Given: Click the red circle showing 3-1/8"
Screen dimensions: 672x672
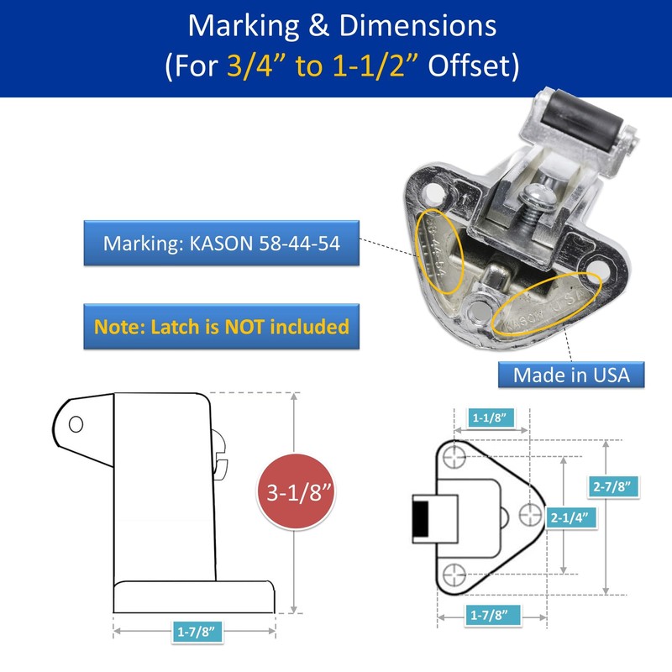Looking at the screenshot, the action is (x=296, y=491).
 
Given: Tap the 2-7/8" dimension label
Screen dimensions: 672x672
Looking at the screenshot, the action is (x=612, y=487).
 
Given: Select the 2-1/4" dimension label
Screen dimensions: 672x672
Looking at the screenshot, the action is (x=570, y=517).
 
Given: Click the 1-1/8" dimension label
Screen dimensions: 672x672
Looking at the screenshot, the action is (x=490, y=417).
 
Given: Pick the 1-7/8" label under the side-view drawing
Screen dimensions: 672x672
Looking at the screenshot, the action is (x=196, y=632).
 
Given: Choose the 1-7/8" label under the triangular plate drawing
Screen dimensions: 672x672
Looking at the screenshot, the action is (x=489, y=616).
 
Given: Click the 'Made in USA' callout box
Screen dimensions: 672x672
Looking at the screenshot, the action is (x=571, y=375).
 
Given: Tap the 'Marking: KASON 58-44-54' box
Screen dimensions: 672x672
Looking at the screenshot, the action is (x=221, y=243).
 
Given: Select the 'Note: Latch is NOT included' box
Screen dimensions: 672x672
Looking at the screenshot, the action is (x=221, y=327).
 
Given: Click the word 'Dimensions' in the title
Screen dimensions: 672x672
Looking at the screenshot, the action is (x=417, y=26).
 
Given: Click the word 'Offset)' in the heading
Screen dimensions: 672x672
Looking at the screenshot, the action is (x=474, y=66).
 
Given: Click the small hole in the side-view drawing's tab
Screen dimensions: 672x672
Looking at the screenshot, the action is (x=76, y=424).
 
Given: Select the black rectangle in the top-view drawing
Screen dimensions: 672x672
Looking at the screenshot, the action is (x=421, y=518).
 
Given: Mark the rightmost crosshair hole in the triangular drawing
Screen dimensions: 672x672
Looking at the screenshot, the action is (x=530, y=514).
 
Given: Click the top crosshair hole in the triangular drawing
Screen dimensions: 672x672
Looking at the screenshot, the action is (x=454, y=456).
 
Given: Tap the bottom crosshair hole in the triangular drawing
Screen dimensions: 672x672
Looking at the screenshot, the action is (x=454, y=575).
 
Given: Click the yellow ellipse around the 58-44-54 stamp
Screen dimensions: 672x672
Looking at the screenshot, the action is (x=440, y=251).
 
